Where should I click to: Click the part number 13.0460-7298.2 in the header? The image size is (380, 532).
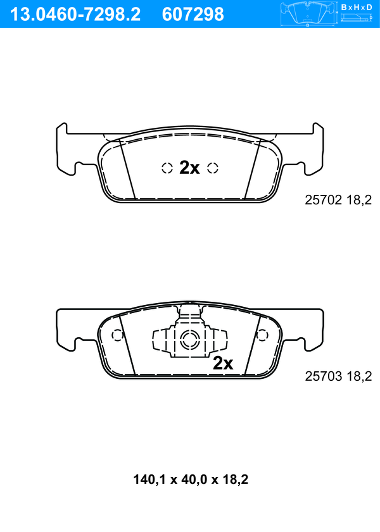point(75,15)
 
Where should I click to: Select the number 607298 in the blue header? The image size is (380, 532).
point(193,15)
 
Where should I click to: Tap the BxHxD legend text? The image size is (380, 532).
point(357,7)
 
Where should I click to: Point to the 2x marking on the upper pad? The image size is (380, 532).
point(189,168)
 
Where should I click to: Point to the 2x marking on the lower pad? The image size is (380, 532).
point(223,363)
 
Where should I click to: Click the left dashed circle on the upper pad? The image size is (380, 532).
point(167,168)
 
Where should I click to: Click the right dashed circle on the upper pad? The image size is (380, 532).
point(213,168)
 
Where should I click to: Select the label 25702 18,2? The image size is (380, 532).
point(338,200)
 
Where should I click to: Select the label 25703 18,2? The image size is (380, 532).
point(338,376)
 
